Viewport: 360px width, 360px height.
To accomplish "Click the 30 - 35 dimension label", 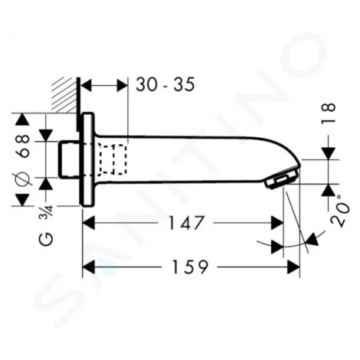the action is (x=165, y=84).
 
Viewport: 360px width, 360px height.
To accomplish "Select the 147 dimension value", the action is (x=186, y=222).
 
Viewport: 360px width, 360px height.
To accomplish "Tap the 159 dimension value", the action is (x=190, y=267).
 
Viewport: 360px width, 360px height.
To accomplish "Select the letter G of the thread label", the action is (x=46, y=238).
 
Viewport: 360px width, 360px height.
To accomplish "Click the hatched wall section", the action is (x=64, y=94).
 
